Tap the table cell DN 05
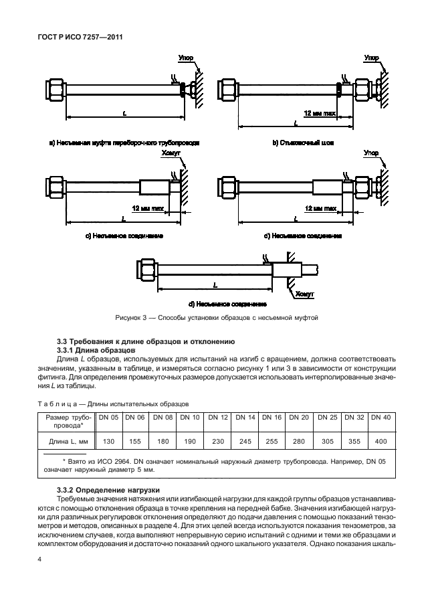point(108,418)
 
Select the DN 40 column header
point(381,418)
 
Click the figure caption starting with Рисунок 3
point(216,317)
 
